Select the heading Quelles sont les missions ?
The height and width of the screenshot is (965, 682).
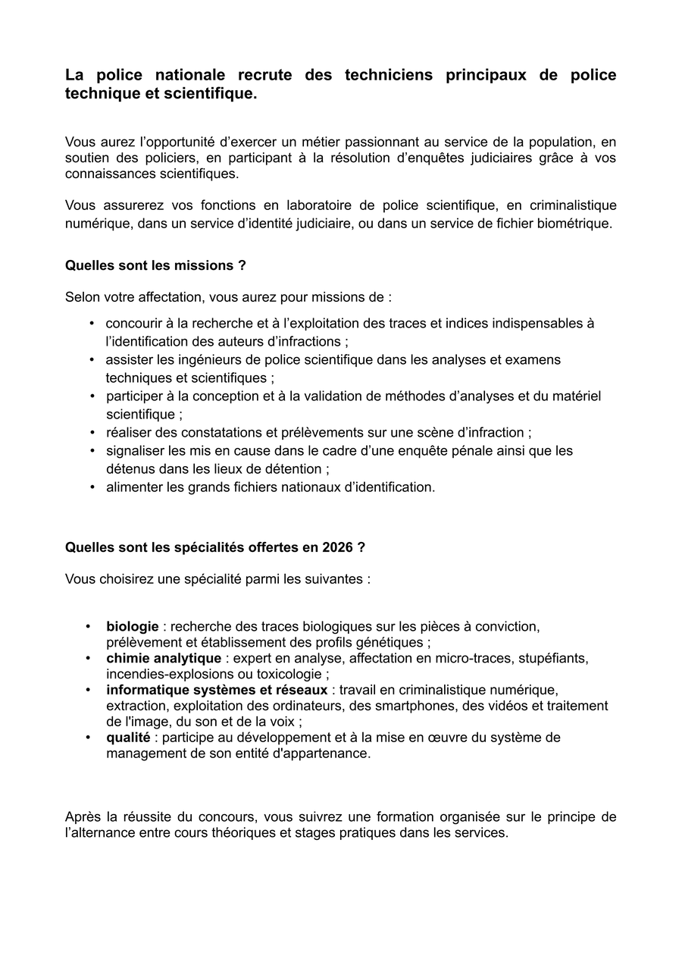coord(155,266)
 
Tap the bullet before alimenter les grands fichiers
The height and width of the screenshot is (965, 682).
coord(92,487)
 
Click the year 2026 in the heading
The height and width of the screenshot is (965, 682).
coord(337,547)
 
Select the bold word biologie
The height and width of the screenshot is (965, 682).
coord(133,627)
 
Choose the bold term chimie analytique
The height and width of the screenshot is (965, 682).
coord(164,658)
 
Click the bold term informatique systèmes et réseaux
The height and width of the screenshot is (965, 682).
coord(217,690)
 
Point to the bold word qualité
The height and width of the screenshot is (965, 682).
coord(128,737)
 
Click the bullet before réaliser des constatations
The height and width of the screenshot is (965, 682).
coord(92,432)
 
